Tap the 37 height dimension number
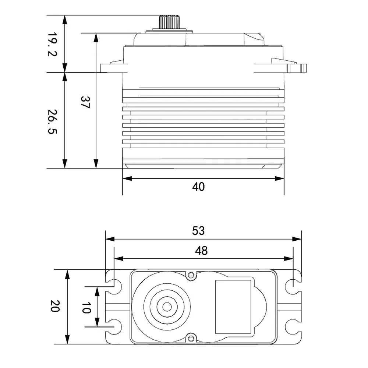pyautogui.click(x=85, y=102)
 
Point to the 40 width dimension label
pyautogui.click(x=198, y=187)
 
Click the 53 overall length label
pyautogui.click(x=198, y=231)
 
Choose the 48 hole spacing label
pyautogui.click(x=201, y=251)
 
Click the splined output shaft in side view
pyautogui.click(x=169, y=22)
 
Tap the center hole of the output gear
pyautogui.click(x=167, y=307)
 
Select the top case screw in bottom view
pyautogui.click(x=191, y=275)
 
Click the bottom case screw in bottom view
pyautogui.click(x=191, y=339)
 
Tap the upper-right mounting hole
pyautogui.click(x=291, y=283)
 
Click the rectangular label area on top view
pyautogui.click(x=233, y=307)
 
